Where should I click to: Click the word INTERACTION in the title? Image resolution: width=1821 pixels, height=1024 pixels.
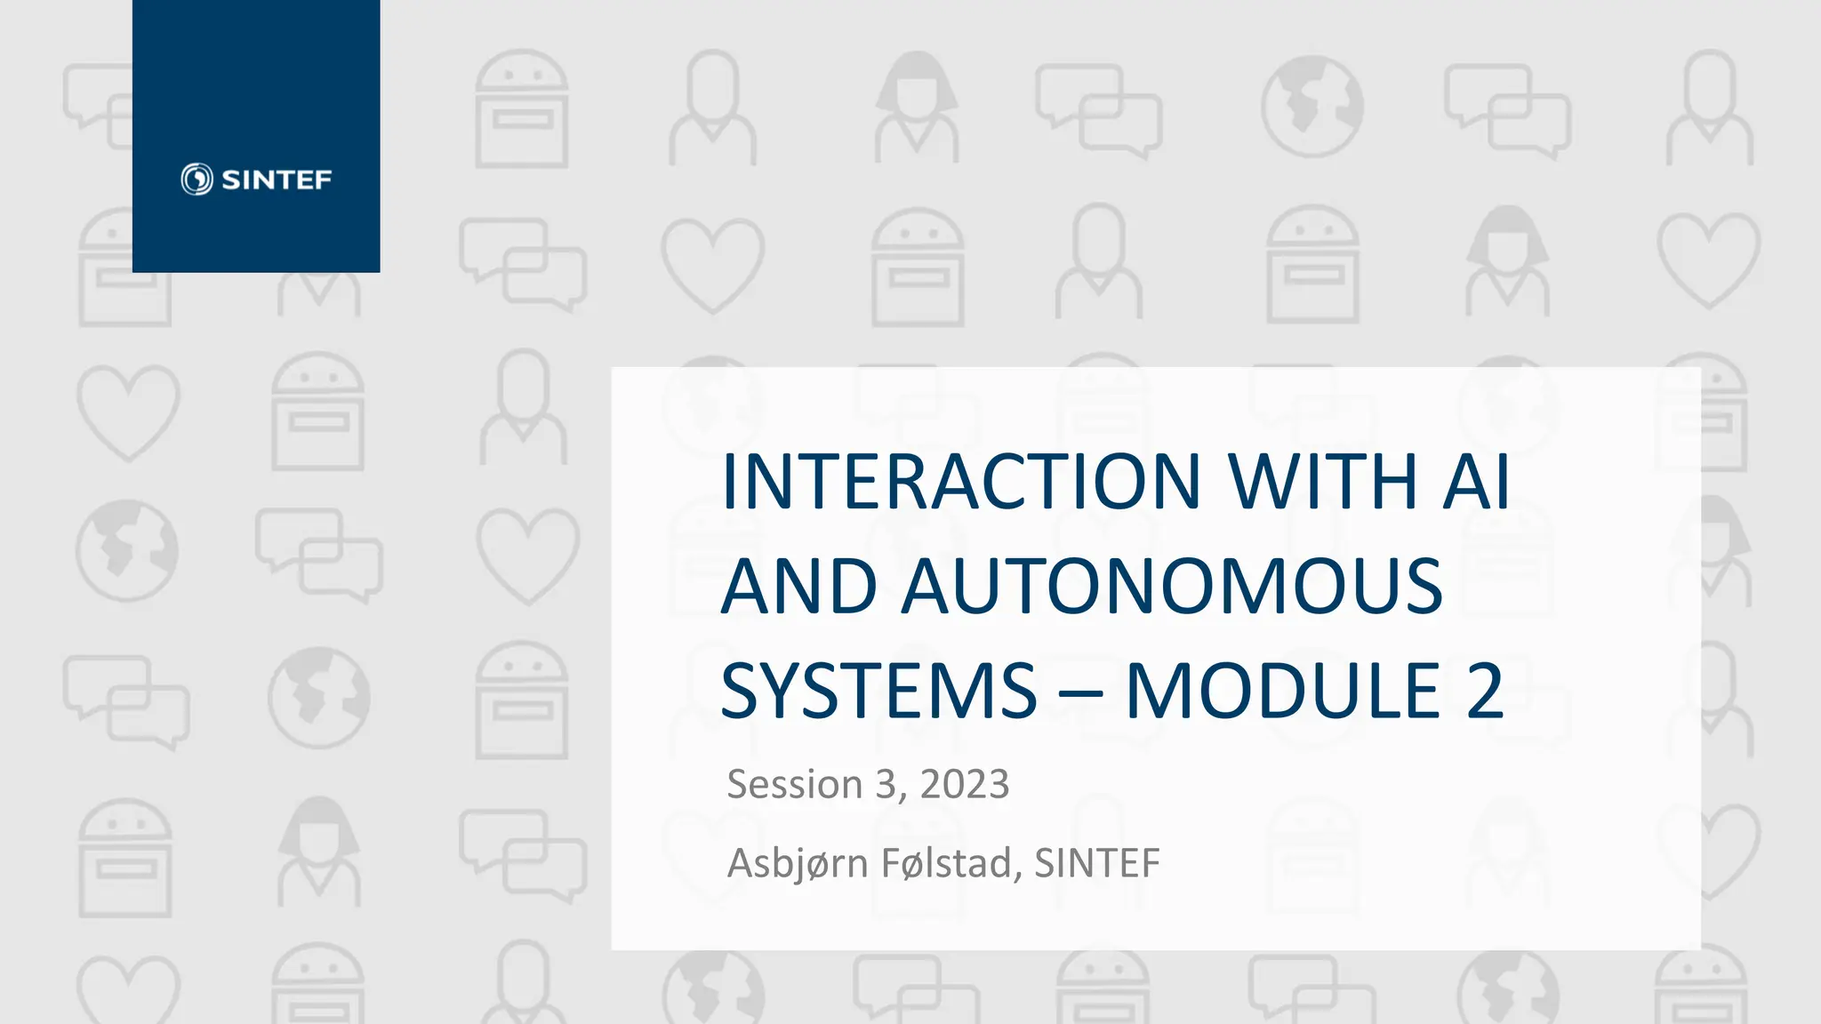point(961,482)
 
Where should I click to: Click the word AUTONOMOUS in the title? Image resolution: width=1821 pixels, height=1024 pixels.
point(1172,587)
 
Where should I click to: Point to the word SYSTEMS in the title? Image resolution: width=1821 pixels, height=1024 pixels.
point(878,691)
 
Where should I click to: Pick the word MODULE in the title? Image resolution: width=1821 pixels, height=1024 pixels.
point(1282,691)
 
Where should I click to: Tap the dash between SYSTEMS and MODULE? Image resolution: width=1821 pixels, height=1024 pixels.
point(1080,693)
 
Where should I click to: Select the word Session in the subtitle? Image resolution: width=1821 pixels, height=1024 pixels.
point(794,785)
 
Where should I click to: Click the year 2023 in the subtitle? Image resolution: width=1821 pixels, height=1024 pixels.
point(964,785)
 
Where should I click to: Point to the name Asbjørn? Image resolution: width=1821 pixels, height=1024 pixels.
point(798,863)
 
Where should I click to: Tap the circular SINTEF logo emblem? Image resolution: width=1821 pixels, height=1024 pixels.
point(197,180)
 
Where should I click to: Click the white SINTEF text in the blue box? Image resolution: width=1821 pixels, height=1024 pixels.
point(277,180)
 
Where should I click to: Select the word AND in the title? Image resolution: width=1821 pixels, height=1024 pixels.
point(798,587)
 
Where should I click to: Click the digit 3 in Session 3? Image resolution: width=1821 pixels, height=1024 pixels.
point(886,785)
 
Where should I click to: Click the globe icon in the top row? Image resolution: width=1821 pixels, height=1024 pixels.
point(1312,107)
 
